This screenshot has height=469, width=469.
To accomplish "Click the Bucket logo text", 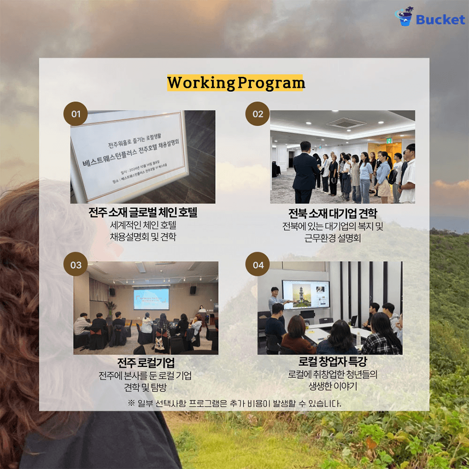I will [440, 19].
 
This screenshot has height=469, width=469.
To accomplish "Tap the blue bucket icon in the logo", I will [404, 17].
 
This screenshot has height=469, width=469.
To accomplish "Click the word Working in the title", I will [201, 83].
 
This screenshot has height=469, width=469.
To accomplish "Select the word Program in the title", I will [271, 83].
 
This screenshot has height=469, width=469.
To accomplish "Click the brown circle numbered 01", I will [76, 114].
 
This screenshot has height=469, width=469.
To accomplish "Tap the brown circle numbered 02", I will [258, 114].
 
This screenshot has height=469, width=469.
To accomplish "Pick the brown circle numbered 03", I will [76, 265].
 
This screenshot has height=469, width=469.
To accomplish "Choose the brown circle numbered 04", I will [258, 265].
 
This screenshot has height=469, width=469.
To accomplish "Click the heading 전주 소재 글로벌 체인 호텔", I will [143, 212].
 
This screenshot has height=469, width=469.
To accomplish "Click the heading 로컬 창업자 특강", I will [333, 363].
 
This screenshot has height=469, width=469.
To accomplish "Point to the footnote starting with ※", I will [234, 403].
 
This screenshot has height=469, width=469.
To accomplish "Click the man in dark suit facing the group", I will [305, 171].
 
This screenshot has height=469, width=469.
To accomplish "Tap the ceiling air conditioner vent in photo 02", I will [345, 123].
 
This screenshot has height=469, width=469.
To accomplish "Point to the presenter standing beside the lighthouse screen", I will [275, 300].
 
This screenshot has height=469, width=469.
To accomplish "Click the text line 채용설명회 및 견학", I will [143, 237].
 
